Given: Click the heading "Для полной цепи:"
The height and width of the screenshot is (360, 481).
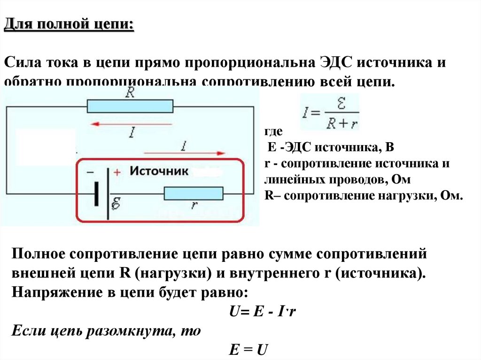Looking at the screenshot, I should click(69, 24).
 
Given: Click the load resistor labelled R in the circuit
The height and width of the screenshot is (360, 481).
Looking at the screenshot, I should click(130, 106).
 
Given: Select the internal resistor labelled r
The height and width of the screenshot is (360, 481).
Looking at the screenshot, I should click(193, 193).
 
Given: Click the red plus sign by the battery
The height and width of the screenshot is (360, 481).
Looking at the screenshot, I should click(117, 172).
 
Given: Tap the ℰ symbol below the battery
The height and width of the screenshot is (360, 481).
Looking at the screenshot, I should click(116, 203).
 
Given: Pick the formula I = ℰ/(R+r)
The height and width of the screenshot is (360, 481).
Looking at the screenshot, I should click(329, 113).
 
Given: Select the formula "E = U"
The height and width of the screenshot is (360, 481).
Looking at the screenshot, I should click(248, 350).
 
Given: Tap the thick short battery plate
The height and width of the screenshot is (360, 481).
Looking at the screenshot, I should click(96, 194).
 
